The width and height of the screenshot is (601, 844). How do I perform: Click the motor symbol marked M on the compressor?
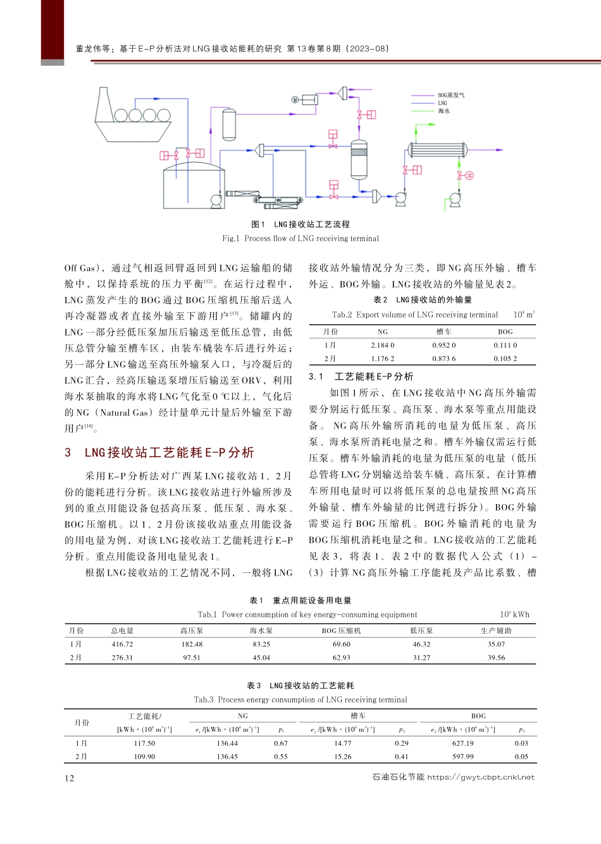(x=295, y=100)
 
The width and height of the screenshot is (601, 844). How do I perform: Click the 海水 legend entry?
(x=443, y=111)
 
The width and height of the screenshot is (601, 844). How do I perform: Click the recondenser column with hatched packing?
(x=359, y=158)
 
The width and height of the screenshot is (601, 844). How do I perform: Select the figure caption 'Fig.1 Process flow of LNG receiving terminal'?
(x=300, y=239)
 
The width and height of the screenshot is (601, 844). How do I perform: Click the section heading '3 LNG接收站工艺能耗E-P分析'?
(x=159, y=452)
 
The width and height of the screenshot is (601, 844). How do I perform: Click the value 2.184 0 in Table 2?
(x=383, y=345)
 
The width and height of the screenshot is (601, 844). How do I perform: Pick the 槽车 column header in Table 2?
(x=444, y=331)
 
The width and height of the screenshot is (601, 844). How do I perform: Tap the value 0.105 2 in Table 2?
(x=505, y=358)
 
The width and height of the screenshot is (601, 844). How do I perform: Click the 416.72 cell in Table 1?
(x=122, y=644)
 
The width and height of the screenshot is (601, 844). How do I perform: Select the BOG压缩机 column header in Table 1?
(x=341, y=631)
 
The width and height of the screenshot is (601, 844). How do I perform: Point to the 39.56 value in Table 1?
(x=496, y=657)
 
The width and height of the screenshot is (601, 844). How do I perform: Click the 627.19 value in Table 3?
(x=463, y=743)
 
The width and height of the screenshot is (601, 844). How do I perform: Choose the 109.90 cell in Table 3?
(x=144, y=757)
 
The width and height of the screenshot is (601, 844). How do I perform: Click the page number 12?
(x=70, y=778)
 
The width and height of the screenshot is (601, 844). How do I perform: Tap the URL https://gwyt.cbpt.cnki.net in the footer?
(x=481, y=777)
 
